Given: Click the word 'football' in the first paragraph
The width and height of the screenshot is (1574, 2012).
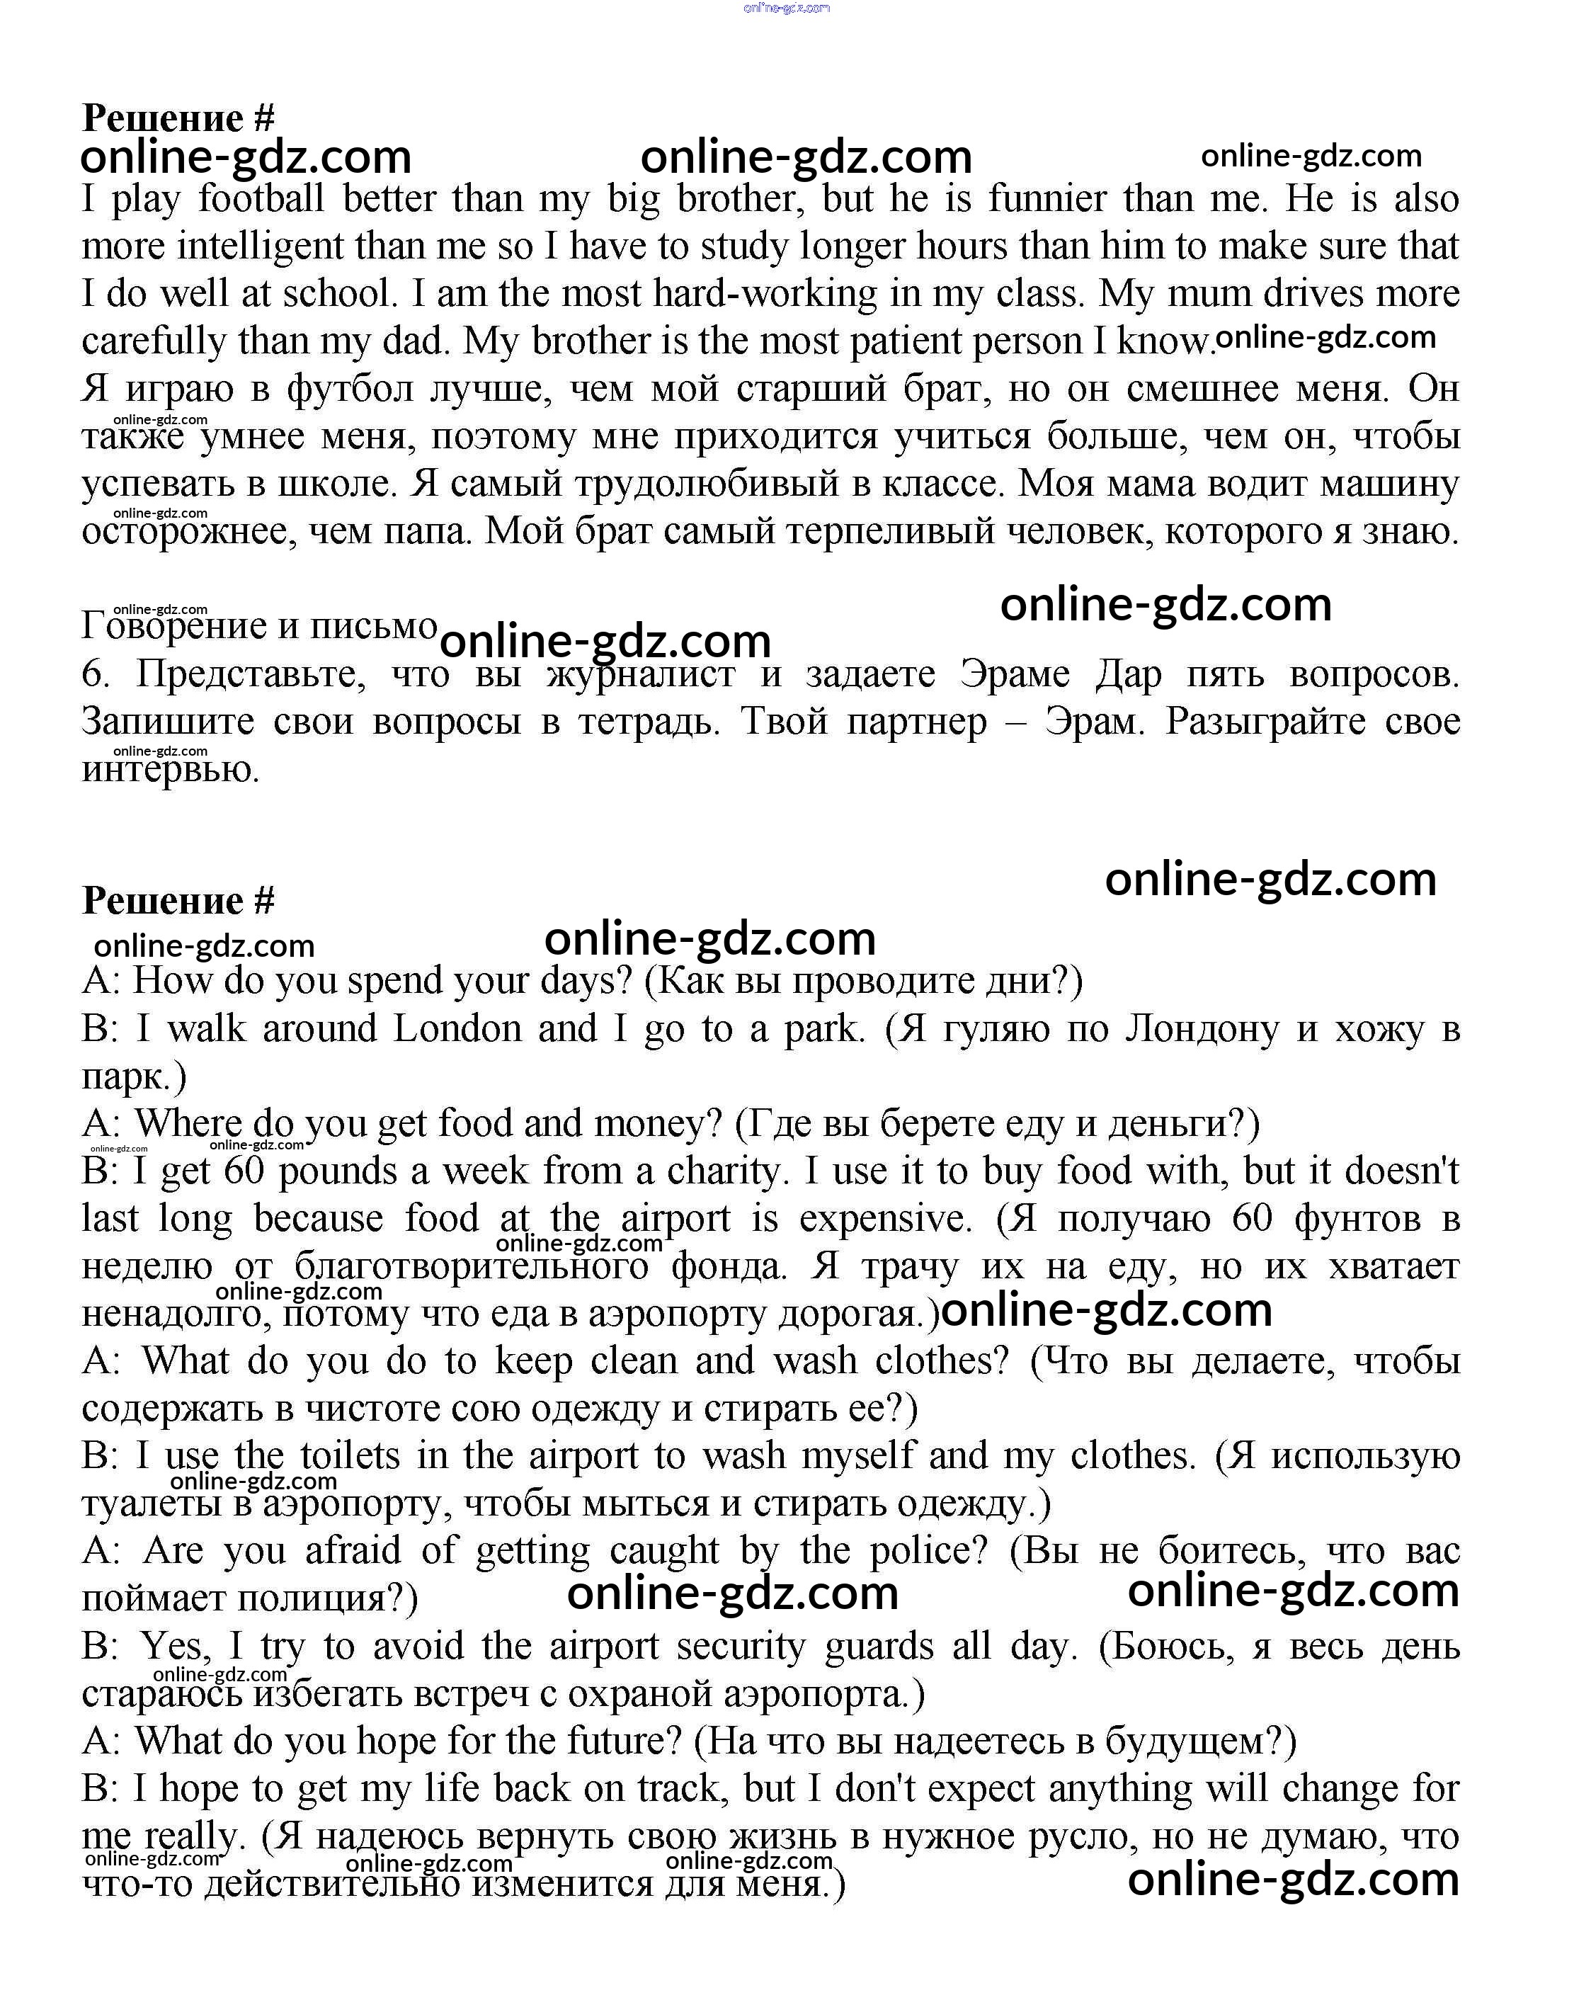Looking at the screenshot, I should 262,199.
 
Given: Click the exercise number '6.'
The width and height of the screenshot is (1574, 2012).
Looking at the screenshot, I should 96,675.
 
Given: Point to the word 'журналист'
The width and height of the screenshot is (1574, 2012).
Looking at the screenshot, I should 641,675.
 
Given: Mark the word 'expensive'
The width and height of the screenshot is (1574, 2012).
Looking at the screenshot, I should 884,1220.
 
